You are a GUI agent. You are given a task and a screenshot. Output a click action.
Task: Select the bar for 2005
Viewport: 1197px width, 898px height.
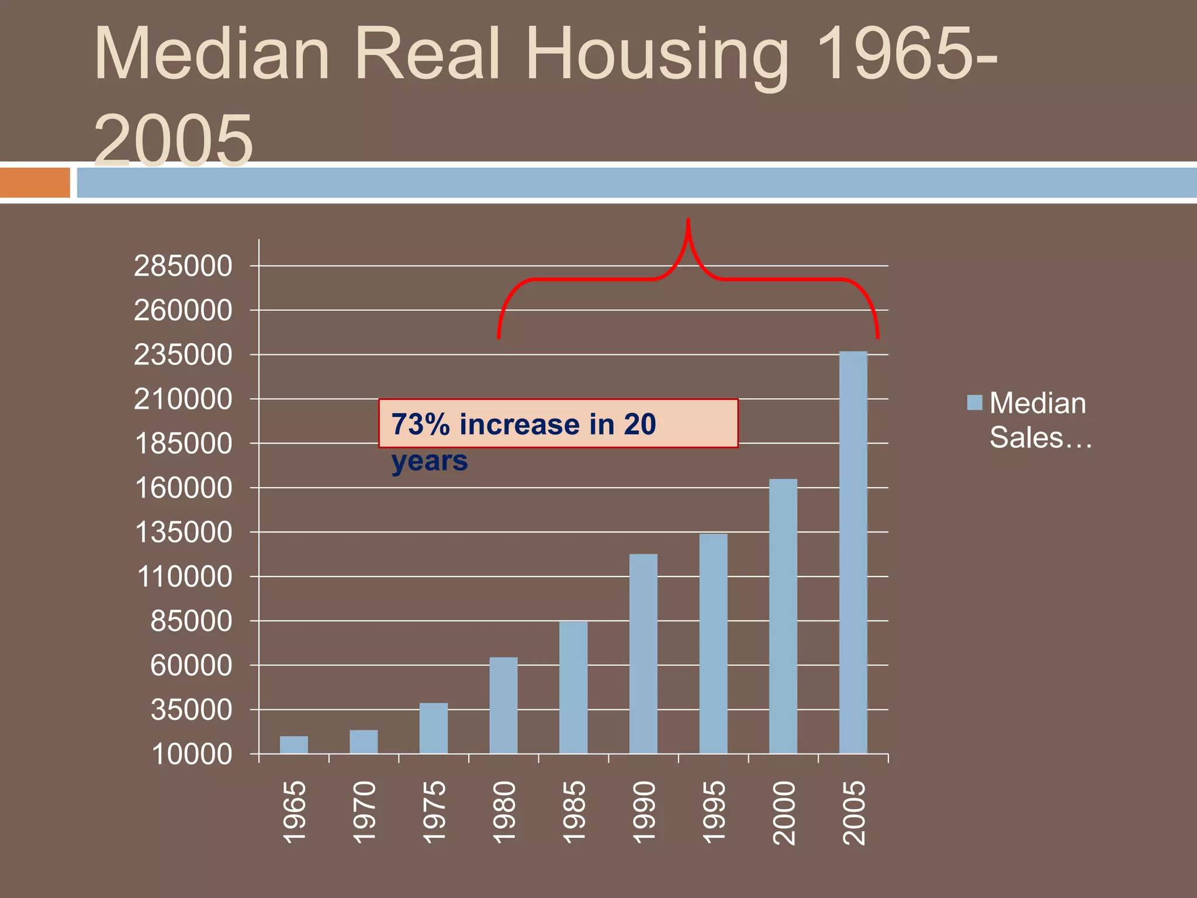tap(853, 552)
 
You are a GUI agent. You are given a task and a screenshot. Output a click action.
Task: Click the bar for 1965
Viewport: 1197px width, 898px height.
tap(293, 745)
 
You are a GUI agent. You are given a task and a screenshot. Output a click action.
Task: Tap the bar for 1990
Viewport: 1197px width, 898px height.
tap(643, 654)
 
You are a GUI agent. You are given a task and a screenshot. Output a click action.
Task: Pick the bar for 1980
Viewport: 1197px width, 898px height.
tap(503, 705)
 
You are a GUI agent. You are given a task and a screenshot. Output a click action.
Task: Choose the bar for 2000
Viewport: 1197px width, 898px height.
tap(783, 616)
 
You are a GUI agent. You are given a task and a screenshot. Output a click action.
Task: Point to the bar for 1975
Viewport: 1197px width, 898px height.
tap(433, 728)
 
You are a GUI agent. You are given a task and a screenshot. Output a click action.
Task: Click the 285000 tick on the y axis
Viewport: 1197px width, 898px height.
tap(183, 266)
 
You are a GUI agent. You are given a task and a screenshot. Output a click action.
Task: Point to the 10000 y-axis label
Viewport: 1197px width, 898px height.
tap(192, 754)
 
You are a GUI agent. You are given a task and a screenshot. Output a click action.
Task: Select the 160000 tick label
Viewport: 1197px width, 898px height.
tap(183, 488)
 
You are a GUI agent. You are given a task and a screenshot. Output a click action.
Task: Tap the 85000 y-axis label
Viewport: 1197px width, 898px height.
tap(191, 621)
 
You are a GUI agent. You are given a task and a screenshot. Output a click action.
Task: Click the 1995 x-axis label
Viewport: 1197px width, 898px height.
tap(713, 813)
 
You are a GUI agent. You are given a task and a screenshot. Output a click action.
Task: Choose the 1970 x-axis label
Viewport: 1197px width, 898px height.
tap(364, 813)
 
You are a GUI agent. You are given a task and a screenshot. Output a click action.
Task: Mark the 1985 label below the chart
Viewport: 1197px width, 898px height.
tap(573, 813)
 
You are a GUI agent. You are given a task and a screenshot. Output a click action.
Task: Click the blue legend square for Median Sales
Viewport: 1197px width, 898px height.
tap(974, 402)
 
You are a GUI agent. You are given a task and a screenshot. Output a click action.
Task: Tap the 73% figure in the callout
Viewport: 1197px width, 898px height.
tap(420, 424)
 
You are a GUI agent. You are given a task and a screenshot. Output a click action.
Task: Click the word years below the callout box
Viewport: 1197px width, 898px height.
tap(430, 461)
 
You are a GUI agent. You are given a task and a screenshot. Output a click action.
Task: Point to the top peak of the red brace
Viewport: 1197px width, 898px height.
tap(688, 221)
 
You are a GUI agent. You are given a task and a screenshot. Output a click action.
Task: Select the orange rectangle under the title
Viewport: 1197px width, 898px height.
tap(34, 182)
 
